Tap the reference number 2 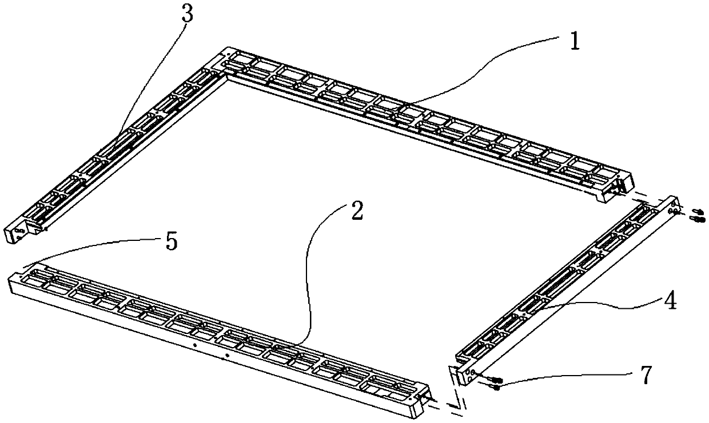click(x=356, y=212)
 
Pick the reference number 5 click(x=170, y=242)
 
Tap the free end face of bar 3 click(x=15, y=234)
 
